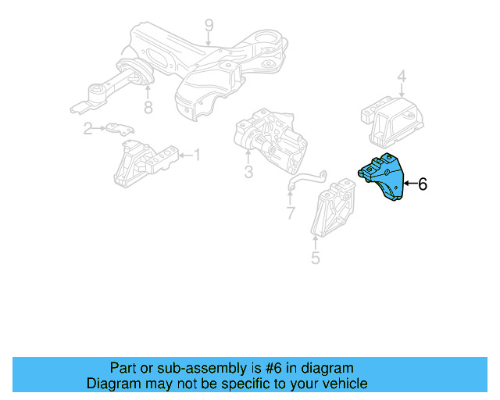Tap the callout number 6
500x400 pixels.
[x=423, y=184]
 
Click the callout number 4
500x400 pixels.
[x=402, y=77]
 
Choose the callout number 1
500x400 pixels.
[x=196, y=155]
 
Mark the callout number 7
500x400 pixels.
[x=291, y=212]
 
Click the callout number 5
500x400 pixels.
[x=315, y=257]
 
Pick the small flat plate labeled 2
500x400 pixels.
[x=120, y=128]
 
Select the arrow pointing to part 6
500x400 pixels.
[x=410, y=184]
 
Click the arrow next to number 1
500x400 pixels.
[x=184, y=155]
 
